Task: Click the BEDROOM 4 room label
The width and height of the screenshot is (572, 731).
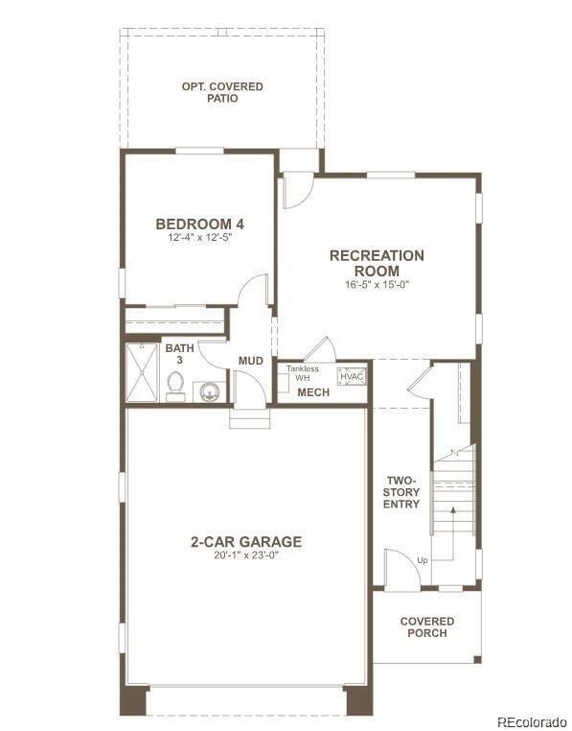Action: (x=199, y=224)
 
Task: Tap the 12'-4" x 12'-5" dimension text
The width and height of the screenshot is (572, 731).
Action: (x=199, y=237)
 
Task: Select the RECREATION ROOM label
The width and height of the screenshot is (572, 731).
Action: (x=377, y=263)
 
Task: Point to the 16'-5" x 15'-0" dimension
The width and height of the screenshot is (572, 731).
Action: (x=377, y=284)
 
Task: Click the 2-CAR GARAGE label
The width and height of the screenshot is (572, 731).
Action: (x=245, y=542)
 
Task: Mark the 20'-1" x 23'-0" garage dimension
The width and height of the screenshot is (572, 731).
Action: (x=245, y=556)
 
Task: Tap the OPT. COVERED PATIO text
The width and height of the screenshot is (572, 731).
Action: (x=222, y=93)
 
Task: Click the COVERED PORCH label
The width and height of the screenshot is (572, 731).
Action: (x=427, y=627)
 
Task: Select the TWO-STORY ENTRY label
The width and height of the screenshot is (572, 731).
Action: (x=403, y=492)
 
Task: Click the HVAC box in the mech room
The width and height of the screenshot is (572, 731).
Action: (x=352, y=376)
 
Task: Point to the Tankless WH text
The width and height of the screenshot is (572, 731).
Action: (x=303, y=373)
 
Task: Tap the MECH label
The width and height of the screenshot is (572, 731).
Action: (x=312, y=392)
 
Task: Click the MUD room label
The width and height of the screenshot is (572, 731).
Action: (x=251, y=361)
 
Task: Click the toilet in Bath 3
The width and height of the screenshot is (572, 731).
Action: (x=175, y=387)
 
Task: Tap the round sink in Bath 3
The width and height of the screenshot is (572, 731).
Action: (x=208, y=391)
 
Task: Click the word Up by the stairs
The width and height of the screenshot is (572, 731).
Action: (x=422, y=560)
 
